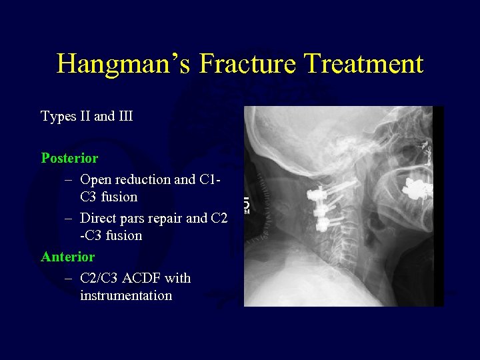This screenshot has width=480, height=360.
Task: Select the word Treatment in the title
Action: (x=365, y=64)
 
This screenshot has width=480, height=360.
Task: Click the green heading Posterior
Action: (x=69, y=159)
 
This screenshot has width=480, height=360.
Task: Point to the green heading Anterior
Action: (x=68, y=257)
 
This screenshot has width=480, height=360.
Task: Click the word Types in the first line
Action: (x=57, y=117)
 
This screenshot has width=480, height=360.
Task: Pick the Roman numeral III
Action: (x=125, y=117)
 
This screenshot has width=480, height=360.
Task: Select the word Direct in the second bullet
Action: (x=98, y=218)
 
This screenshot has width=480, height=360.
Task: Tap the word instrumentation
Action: (x=126, y=295)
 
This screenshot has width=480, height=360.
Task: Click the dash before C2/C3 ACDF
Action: (x=69, y=278)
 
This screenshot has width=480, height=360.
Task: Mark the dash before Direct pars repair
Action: (x=69, y=218)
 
